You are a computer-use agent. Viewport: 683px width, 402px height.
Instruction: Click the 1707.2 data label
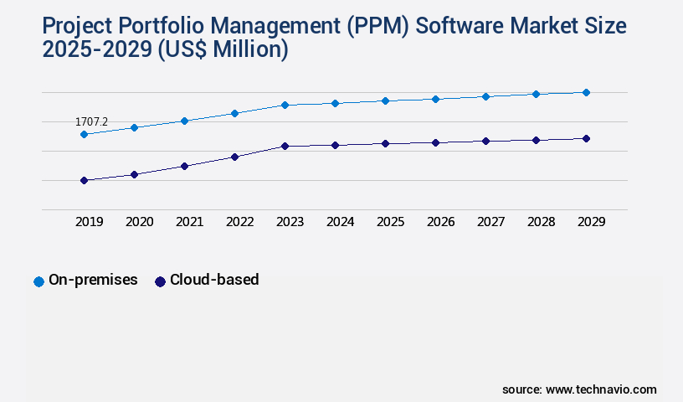(x=91, y=122)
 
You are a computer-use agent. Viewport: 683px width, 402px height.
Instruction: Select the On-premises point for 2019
(x=84, y=134)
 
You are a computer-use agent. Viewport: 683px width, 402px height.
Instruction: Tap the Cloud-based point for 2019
(x=84, y=180)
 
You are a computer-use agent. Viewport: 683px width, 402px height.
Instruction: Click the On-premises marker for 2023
(x=285, y=105)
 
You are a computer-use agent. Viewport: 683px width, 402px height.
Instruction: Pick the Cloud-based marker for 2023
(x=285, y=146)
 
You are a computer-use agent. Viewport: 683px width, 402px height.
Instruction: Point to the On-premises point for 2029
(x=586, y=92)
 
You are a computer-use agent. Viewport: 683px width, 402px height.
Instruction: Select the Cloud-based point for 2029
(x=586, y=138)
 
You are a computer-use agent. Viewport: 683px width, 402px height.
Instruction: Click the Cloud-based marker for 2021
(x=184, y=166)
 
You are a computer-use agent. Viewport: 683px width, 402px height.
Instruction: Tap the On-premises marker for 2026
(x=435, y=99)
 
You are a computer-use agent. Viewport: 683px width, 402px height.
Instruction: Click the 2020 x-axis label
(x=139, y=222)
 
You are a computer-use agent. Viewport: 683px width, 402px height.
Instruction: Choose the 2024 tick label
(x=340, y=222)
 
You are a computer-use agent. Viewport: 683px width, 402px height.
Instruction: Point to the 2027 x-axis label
(x=490, y=222)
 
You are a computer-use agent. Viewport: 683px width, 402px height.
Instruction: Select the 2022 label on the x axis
(x=239, y=222)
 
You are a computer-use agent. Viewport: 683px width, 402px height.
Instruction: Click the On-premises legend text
(x=93, y=280)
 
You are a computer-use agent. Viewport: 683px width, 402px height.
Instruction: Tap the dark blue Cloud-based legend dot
(x=160, y=281)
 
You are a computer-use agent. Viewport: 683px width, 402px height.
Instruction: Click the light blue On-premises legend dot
(x=39, y=281)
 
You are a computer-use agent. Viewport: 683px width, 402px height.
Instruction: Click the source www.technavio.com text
(x=579, y=389)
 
